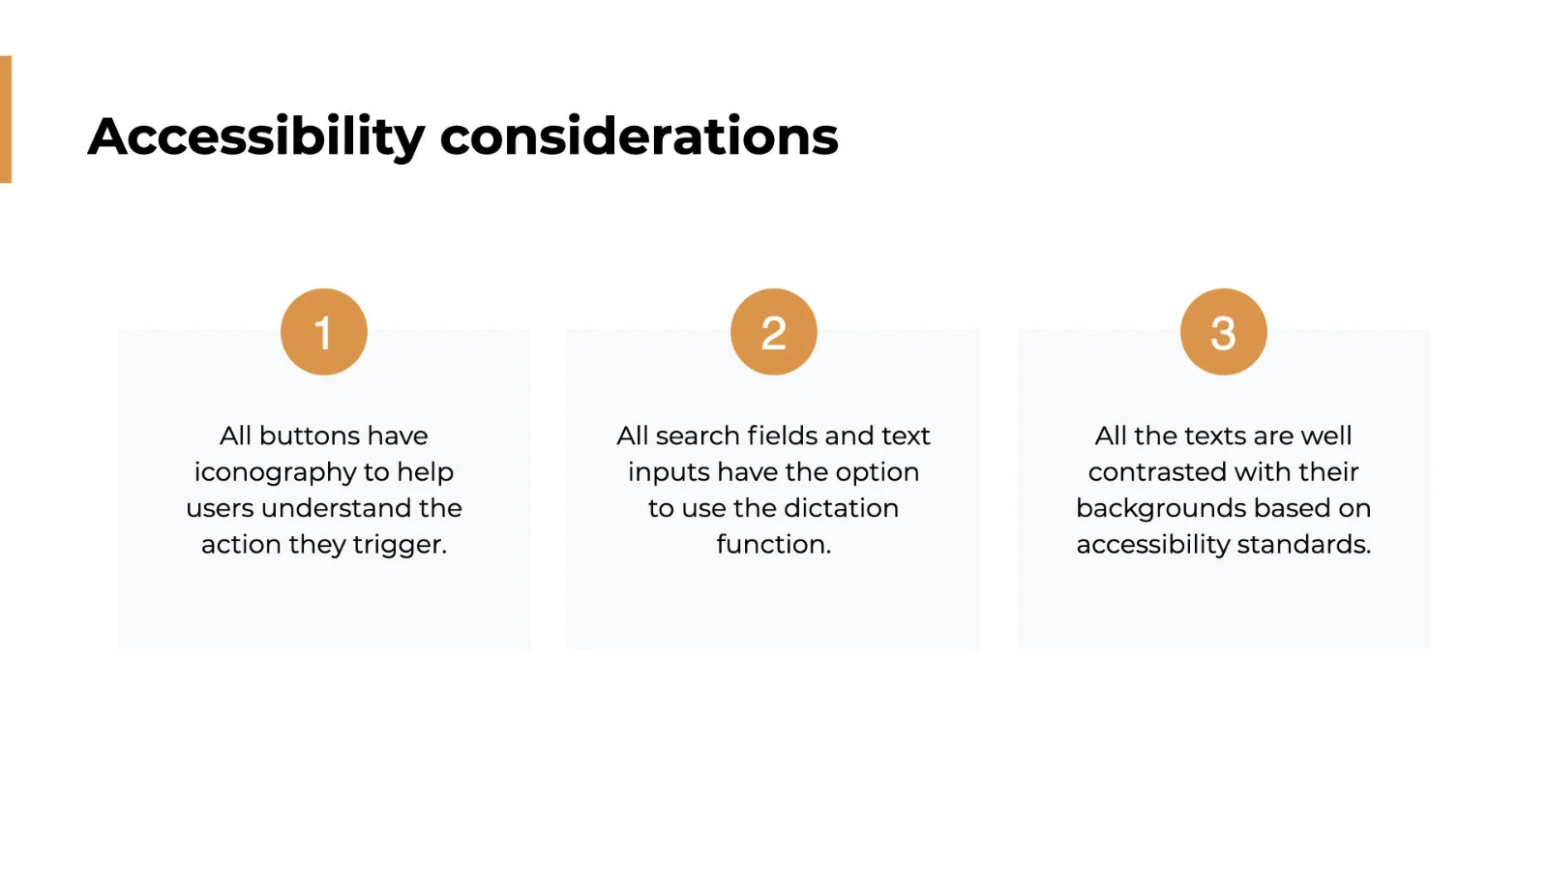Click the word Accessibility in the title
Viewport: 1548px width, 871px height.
pos(256,137)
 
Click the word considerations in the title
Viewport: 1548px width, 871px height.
pos(640,136)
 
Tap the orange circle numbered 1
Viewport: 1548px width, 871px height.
pos(324,332)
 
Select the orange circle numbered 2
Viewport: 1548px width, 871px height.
pos(774,332)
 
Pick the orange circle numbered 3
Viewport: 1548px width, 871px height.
pos(1224,332)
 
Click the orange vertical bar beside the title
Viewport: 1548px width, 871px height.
pos(6,119)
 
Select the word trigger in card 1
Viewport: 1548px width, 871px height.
pos(401,546)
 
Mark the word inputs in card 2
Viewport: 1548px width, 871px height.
pos(669,473)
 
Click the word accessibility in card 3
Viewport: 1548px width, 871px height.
pos(1152,546)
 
